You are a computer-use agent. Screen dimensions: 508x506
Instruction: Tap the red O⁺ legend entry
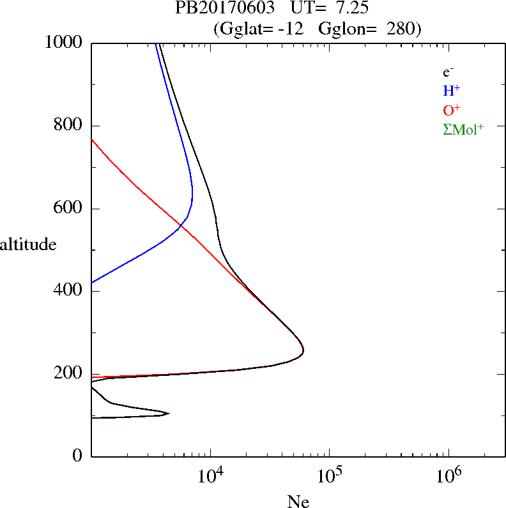coord(451,109)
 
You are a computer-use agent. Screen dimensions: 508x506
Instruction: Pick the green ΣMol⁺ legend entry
coord(463,129)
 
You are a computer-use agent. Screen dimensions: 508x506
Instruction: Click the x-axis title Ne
coord(298,501)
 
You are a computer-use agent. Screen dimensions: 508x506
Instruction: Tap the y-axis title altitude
coord(28,244)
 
